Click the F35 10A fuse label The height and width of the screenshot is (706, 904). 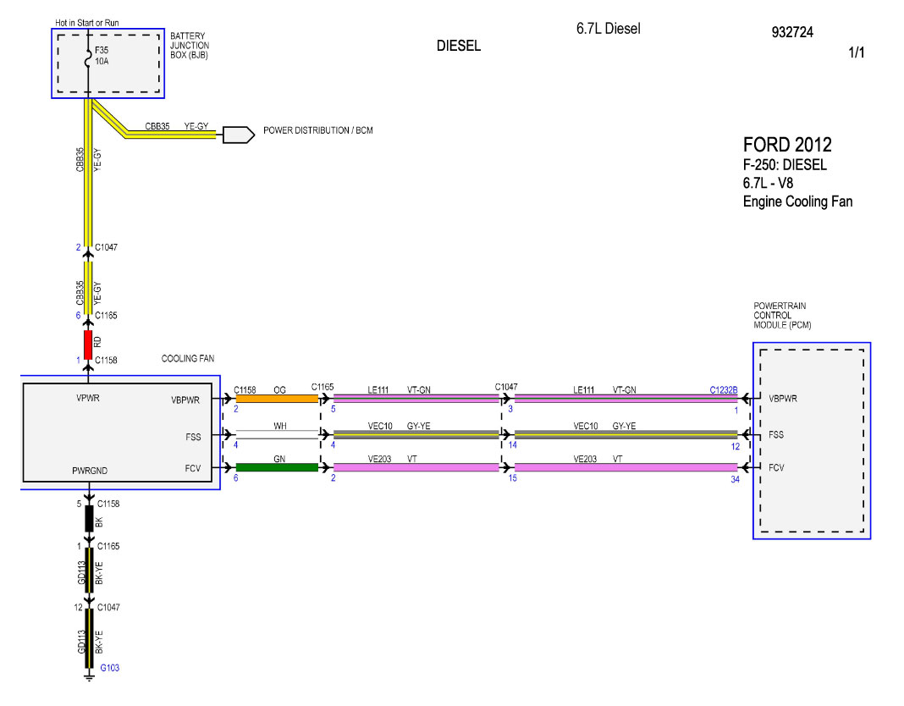pyautogui.click(x=102, y=55)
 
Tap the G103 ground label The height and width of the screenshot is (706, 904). pyautogui.click(x=109, y=667)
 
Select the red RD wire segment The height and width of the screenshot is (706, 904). pyautogui.click(x=88, y=345)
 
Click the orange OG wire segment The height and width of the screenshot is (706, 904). pyautogui.click(x=277, y=399)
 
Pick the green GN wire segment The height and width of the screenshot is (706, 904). pyautogui.click(x=277, y=467)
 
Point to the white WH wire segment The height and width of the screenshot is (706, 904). pyautogui.click(x=277, y=434)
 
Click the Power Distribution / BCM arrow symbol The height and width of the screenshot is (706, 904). pyautogui.click(x=239, y=135)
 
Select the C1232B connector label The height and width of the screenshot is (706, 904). pyautogui.click(x=724, y=390)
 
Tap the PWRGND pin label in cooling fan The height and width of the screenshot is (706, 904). pyautogui.click(x=90, y=471)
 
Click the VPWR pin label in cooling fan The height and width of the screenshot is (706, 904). pyautogui.click(x=88, y=398)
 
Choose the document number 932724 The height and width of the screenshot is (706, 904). pyautogui.click(x=792, y=32)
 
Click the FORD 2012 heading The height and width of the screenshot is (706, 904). pyautogui.click(x=787, y=144)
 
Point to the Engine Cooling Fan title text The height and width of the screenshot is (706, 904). pyautogui.click(x=797, y=201)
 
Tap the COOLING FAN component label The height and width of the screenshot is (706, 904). pyautogui.click(x=187, y=358)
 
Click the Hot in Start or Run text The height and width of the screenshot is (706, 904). pyautogui.click(x=87, y=23)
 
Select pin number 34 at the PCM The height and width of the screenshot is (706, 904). pyautogui.click(x=735, y=479)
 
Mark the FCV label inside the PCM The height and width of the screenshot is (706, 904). pyautogui.click(x=776, y=468)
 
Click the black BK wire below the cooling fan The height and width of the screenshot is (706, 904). pyautogui.click(x=90, y=519)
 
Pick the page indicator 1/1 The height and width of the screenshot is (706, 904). pyautogui.click(x=856, y=52)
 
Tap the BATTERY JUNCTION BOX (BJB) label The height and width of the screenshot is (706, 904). pyautogui.click(x=189, y=46)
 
